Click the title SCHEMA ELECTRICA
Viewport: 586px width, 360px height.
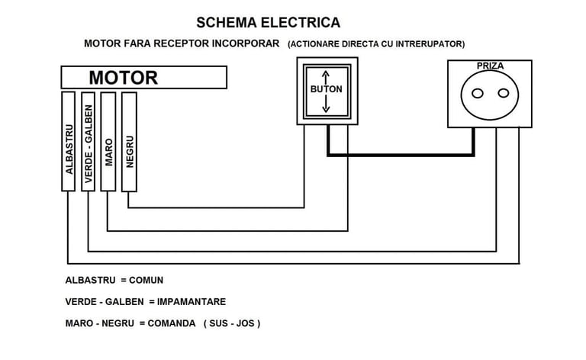pos(268,22)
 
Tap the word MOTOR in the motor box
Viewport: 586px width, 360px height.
pos(123,78)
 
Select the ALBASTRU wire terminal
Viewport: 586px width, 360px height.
pos(69,142)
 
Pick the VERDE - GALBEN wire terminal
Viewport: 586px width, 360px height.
pos(88,142)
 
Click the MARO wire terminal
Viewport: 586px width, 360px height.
pos(108,142)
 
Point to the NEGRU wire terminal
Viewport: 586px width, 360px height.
pos(129,142)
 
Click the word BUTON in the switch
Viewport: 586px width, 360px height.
pos(326,89)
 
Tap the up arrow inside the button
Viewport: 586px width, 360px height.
pos(326,76)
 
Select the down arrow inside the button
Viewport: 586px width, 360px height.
pos(326,104)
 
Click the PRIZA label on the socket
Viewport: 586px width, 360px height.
pos(490,66)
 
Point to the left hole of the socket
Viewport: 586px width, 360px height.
pos(478,93)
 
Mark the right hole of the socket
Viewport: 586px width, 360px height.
pos(502,93)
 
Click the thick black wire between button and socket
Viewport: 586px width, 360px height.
pos(401,155)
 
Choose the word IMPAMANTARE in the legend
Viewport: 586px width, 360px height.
pos(192,301)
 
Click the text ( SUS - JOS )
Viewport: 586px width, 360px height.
pos(232,323)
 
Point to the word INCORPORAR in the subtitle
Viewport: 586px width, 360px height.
pos(243,43)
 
